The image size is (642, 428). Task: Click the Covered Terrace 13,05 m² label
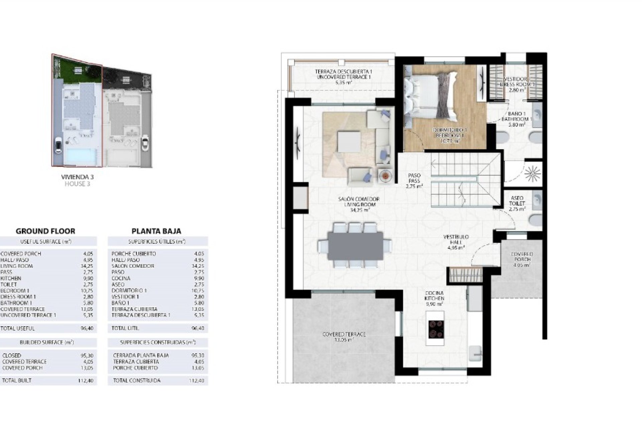coord(344,337)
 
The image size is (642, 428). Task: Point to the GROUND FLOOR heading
coord(45,231)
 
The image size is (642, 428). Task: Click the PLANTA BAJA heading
coord(156,231)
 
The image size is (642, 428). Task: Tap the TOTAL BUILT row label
coord(17,381)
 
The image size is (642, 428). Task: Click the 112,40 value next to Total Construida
coord(199,381)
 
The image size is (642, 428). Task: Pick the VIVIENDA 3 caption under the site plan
coord(78,177)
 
